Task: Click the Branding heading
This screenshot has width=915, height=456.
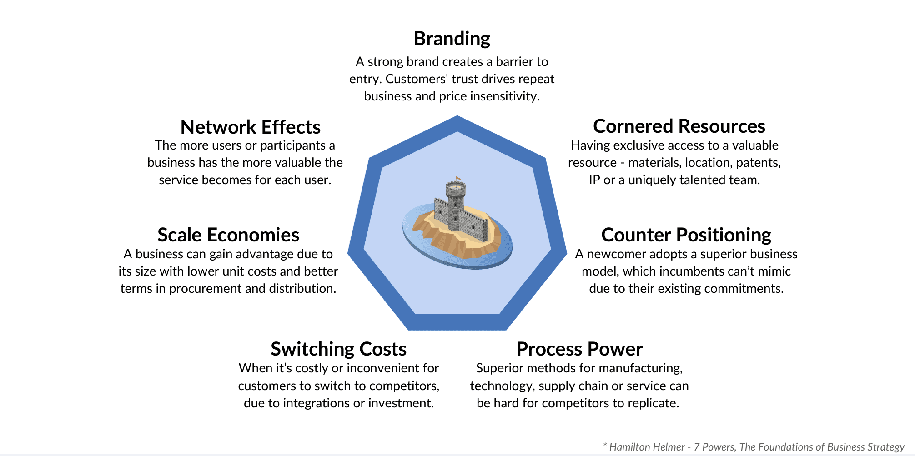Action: click(452, 39)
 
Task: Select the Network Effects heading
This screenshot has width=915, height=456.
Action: click(250, 127)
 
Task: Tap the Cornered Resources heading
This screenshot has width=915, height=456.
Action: click(679, 126)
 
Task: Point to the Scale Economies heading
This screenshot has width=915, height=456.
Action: click(228, 235)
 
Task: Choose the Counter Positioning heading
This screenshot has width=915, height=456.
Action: click(686, 235)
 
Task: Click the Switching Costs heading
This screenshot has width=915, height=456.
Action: click(338, 349)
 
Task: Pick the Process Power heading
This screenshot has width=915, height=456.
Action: click(579, 349)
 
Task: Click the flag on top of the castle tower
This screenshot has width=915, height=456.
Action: click(457, 179)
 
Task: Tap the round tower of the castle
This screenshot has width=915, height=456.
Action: click(455, 205)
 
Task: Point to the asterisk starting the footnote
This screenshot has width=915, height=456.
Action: click(605, 445)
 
